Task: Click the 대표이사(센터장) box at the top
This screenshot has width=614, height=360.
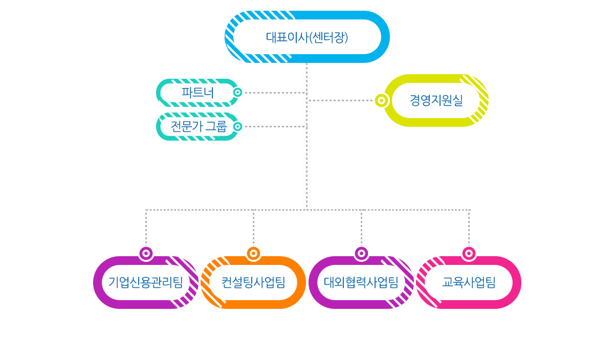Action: [307, 37]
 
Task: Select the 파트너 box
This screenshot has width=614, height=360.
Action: [197, 93]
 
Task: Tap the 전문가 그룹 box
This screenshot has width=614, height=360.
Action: [198, 126]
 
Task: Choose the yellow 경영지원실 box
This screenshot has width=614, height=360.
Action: [436, 100]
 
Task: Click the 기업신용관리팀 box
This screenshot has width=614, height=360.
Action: [146, 282]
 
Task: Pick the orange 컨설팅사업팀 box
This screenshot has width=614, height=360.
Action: [253, 282]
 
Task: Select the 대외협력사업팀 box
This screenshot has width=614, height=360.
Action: [361, 282]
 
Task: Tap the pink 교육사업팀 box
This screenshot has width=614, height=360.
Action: [469, 282]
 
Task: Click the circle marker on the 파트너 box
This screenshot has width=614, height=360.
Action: [237, 93]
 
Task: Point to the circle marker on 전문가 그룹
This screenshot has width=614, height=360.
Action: [237, 126]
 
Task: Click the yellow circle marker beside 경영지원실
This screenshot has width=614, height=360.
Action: [381, 100]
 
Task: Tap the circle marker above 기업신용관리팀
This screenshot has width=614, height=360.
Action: [146, 253]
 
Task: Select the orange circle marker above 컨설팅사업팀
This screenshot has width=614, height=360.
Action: [253, 253]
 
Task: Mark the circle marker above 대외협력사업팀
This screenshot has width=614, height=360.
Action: [361, 253]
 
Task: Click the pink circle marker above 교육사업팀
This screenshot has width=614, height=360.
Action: [469, 253]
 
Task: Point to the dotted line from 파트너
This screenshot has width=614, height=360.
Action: [274, 93]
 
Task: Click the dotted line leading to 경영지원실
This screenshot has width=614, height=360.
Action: [340, 100]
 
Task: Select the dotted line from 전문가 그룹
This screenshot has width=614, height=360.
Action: [274, 126]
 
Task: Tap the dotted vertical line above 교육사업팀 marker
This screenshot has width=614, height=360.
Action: [469, 228]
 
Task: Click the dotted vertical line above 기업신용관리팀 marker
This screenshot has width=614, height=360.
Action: [146, 228]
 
